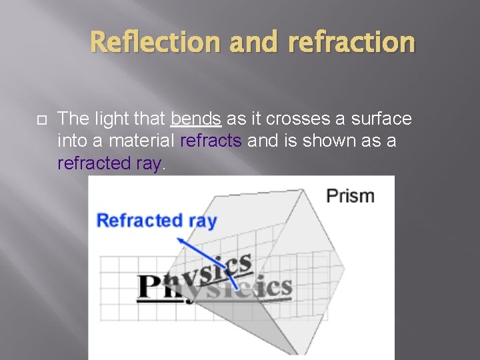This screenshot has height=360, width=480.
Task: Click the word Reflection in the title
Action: pos(155,42)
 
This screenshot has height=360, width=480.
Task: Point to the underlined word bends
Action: pos(195,119)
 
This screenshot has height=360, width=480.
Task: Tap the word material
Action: pos(143,141)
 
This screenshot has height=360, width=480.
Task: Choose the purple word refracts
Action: pos(211,141)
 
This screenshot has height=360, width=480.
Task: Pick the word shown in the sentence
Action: pos(333,141)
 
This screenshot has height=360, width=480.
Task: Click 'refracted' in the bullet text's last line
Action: pos(91,163)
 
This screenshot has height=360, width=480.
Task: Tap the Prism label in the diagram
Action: pos(350,196)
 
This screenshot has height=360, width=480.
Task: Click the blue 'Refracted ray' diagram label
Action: pos(157,221)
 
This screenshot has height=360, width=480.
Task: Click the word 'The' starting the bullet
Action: pos(71,119)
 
